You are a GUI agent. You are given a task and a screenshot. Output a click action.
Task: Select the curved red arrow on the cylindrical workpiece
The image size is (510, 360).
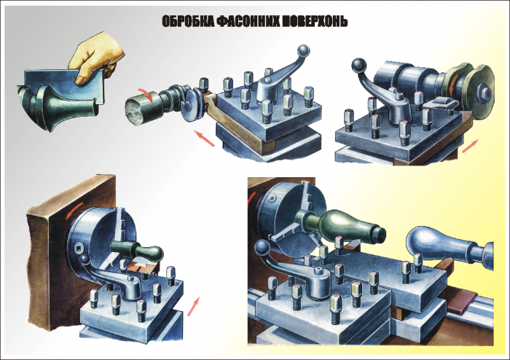145,93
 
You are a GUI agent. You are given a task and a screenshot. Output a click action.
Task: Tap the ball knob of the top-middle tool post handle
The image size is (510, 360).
303,51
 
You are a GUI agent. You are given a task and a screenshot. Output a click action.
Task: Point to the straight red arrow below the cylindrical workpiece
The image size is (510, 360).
205,138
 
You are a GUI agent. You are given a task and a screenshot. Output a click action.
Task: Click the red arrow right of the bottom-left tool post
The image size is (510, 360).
194,306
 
